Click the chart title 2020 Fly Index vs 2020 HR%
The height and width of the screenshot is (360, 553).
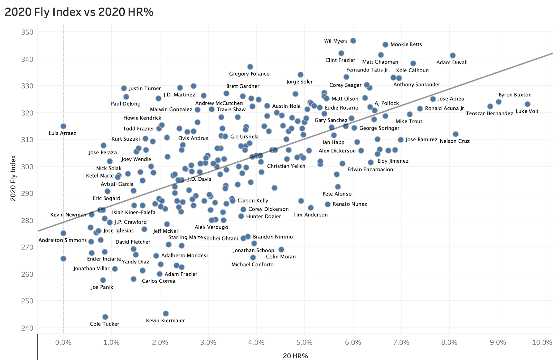pyautogui.click(x=79, y=12)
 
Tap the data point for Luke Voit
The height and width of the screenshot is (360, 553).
pyautogui.click(x=527, y=104)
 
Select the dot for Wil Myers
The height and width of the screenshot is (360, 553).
pyautogui.click(x=353, y=41)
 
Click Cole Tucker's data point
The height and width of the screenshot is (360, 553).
pyautogui.click(x=105, y=317)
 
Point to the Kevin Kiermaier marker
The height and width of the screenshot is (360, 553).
pyautogui.click(x=166, y=313)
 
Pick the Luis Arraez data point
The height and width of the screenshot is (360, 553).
pyautogui.click(x=63, y=126)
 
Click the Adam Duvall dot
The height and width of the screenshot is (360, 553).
pyautogui.click(x=452, y=56)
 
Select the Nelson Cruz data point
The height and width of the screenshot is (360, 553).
pyautogui.click(x=455, y=134)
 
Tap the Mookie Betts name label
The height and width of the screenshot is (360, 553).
pyautogui.click(x=406, y=44)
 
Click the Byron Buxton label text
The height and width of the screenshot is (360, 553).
pyautogui.click(x=515, y=95)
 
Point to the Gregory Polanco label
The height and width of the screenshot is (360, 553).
pyautogui.click(x=249, y=74)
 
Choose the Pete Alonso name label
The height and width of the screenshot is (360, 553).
pyautogui.click(x=337, y=194)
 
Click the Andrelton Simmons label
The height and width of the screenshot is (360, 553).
pyautogui.click(x=63, y=240)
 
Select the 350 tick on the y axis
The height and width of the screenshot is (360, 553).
pyautogui.click(x=27, y=32)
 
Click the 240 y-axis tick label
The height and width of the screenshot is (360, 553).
pyautogui.click(x=27, y=328)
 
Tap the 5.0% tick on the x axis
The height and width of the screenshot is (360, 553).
pyautogui.click(x=304, y=342)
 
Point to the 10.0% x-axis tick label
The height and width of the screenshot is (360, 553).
pyautogui.click(x=542, y=342)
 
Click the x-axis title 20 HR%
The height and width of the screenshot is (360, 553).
pyautogui.click(x=295, y=356)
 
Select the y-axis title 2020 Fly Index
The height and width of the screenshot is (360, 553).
pyautogui.click(x=13, y=178)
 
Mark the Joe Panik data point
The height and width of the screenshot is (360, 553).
pyautogui.click(x=103, y=280)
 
